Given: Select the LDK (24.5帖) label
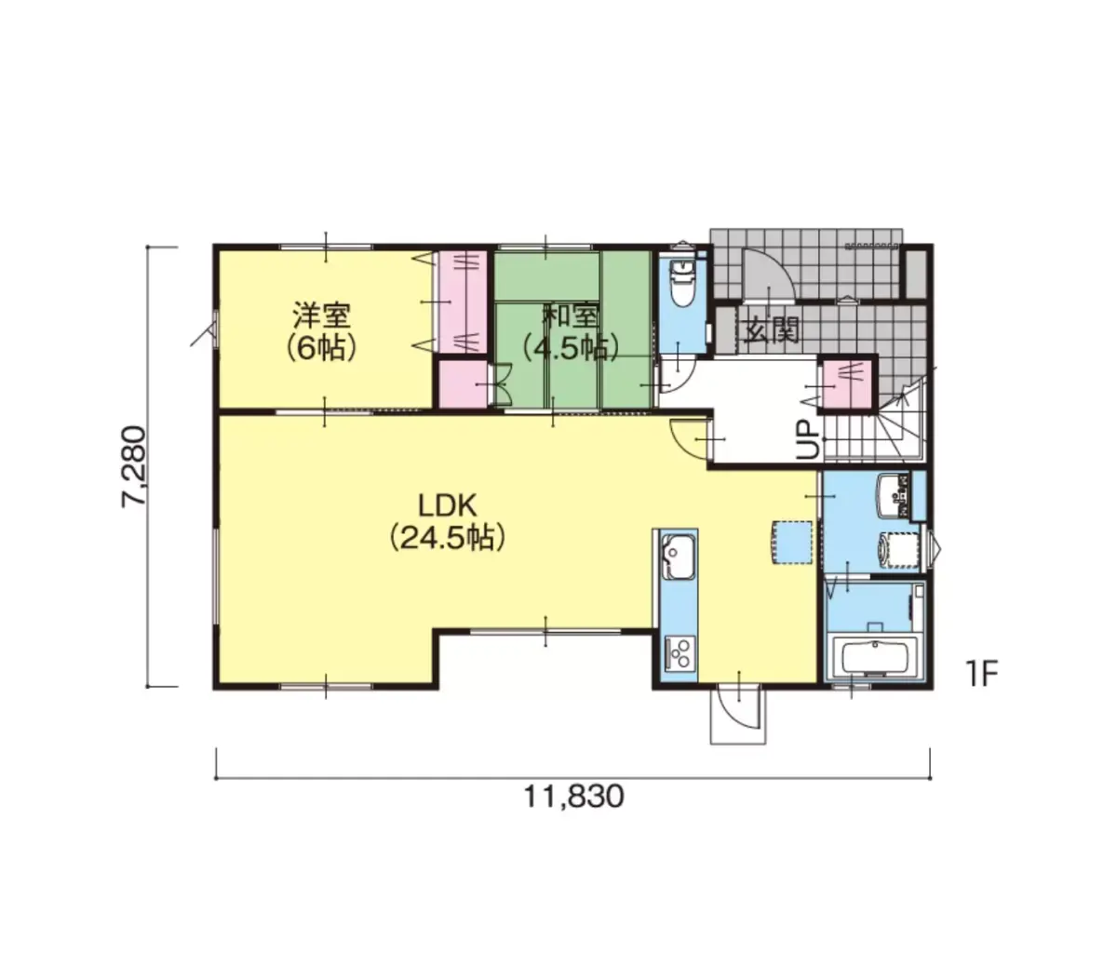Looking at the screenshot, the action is (x=447, y=521).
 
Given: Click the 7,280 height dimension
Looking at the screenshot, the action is (x=134, y=466).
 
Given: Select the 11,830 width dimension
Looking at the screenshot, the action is (x=572, y=797).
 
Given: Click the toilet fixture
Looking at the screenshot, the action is (x=682, y=282).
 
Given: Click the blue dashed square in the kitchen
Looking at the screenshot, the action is (x=790, y=542).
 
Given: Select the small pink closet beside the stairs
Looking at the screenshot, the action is (x=846, y=384).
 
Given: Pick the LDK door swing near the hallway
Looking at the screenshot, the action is (x=689, y=437).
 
